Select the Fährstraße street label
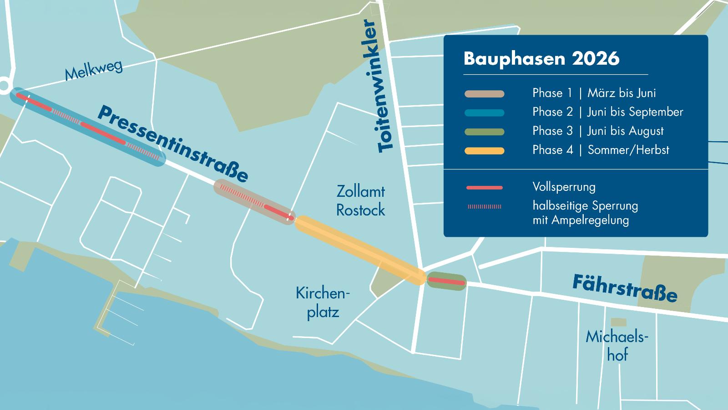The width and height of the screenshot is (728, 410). pyautogui.click(x=625, y=288)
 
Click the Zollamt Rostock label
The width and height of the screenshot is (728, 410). pyautogui.click(x=360, y=200)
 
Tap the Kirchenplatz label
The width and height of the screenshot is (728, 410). pyautogui.click(x=323, y=302)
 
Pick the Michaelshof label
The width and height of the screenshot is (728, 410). pyautogui.click(x=617, y=345)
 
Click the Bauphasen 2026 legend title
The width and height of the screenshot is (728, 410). pyautogui.click(x=541, y=59)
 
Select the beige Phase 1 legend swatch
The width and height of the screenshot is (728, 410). pyautogui.click(x=484, y=94)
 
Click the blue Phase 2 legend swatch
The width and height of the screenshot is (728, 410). pyautogui.click(x=484, y=113)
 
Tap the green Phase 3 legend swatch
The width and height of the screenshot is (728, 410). pyautogui.click(x=484, y=132)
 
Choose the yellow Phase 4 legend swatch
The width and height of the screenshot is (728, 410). pyautogui.click(x=484, y=151)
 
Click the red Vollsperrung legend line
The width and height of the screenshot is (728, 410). pyautogui.click(x=484, y=188)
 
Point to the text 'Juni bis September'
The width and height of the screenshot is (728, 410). pyautogui.click(x=635, y=112)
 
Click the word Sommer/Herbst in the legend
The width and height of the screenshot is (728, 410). pyautogui.click(x=628, y=150)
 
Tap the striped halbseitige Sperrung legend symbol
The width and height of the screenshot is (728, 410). pyautogui.click(x=484, y=207)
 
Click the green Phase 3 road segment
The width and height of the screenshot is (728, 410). pyautogui.click(x=446, y=281)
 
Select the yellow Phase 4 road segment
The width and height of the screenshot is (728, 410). pyautogui.click(x=359, y=251)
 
